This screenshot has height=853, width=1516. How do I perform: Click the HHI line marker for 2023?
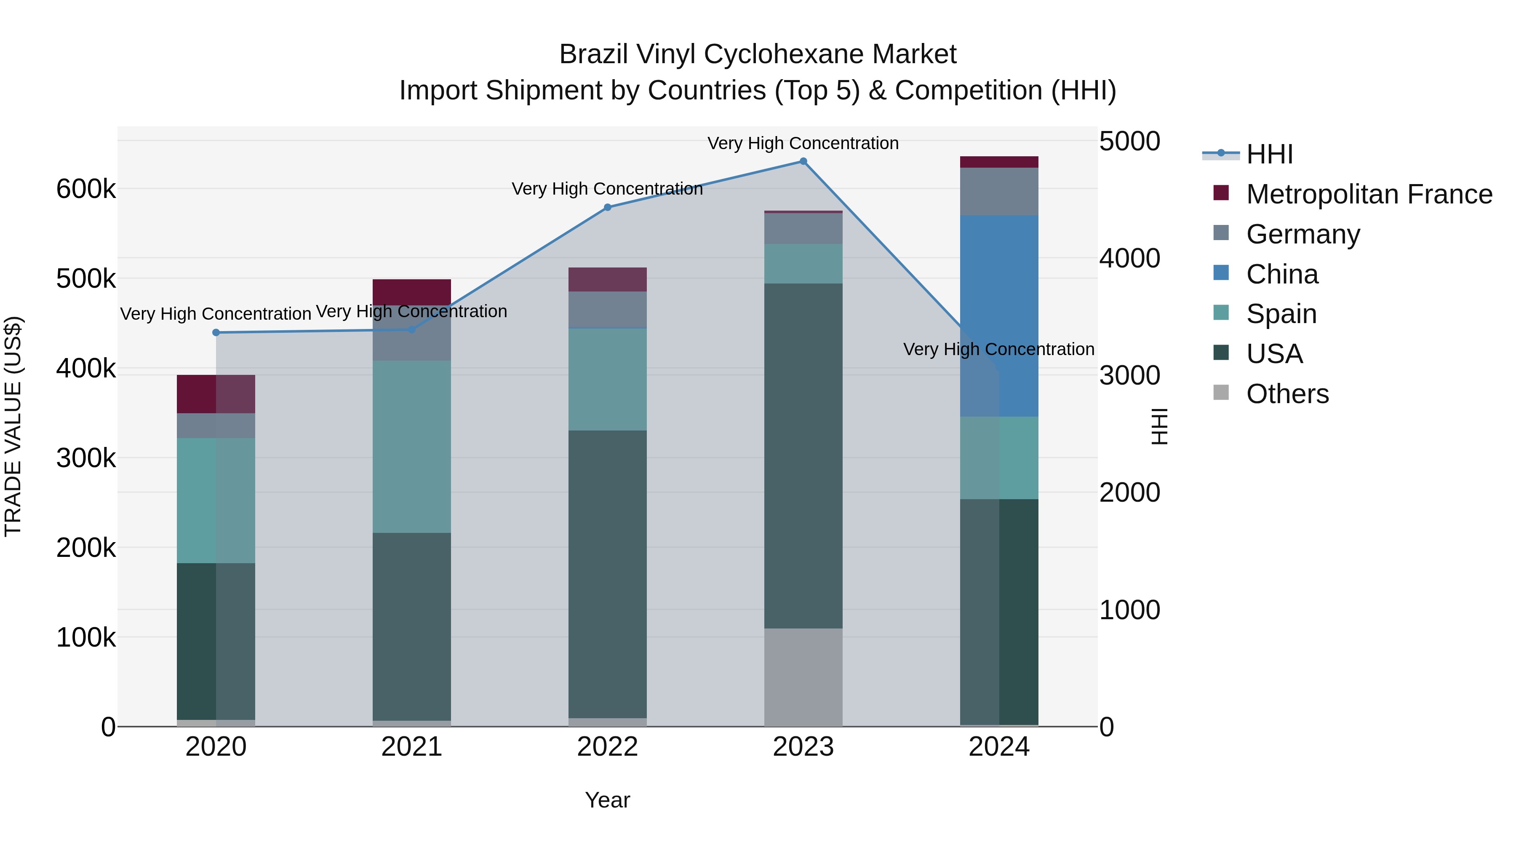click(803, 161)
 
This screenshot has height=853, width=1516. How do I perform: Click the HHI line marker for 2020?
click(216, 333)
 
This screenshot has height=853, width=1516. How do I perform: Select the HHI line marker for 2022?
click(607, 207)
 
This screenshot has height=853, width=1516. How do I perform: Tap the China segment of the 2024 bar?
click(999, 316)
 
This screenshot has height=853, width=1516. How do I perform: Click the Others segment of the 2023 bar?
click(803, 677)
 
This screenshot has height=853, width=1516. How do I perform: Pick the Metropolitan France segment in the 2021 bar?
click(411, 292)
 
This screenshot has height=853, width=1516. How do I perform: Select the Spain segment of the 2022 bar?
click(607, 379)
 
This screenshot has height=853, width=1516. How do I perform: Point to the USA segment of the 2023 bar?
click(803, 456)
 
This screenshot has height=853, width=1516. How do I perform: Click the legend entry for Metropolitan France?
click(1369, 194)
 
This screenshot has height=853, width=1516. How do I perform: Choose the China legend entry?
click(1282, 274)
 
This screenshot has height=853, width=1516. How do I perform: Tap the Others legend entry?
click(1287, 394)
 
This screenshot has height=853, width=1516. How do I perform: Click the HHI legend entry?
click(1269, 154)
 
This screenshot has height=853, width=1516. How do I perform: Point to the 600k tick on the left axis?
click(86, 190)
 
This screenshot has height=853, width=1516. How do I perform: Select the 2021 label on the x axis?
click(411, 747)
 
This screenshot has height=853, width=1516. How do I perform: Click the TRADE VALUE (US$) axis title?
click(13, 426)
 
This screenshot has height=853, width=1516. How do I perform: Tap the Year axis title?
click(607, 800)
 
